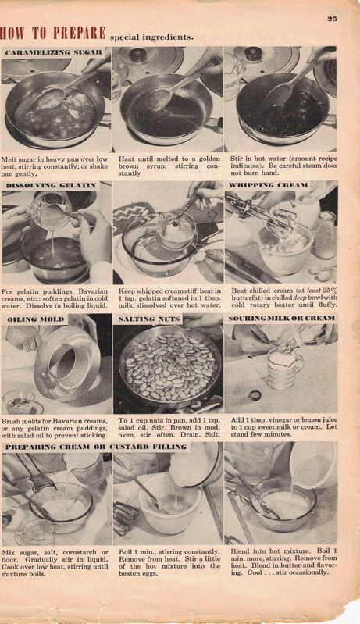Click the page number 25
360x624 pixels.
tap(332, 18)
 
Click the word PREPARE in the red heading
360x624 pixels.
tap(79, 33)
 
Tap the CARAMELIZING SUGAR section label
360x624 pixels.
tap(54, 52)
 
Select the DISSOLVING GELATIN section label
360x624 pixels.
tap(51, 185)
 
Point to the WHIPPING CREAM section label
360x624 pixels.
tap(268, 185)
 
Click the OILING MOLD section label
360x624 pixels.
tap(37, 319)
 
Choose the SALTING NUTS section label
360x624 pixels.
tap(149, 319)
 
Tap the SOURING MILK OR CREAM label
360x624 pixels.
tap(282, 319)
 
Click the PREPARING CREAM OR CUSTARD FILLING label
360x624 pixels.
tap(96, 447)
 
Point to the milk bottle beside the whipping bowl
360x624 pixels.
tap(327, 235)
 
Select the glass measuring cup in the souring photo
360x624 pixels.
tap(284, 365)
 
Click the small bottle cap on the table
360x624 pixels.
tap(255, 395)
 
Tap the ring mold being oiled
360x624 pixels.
tap(67, 363)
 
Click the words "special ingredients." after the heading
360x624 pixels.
tap(151, 37)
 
